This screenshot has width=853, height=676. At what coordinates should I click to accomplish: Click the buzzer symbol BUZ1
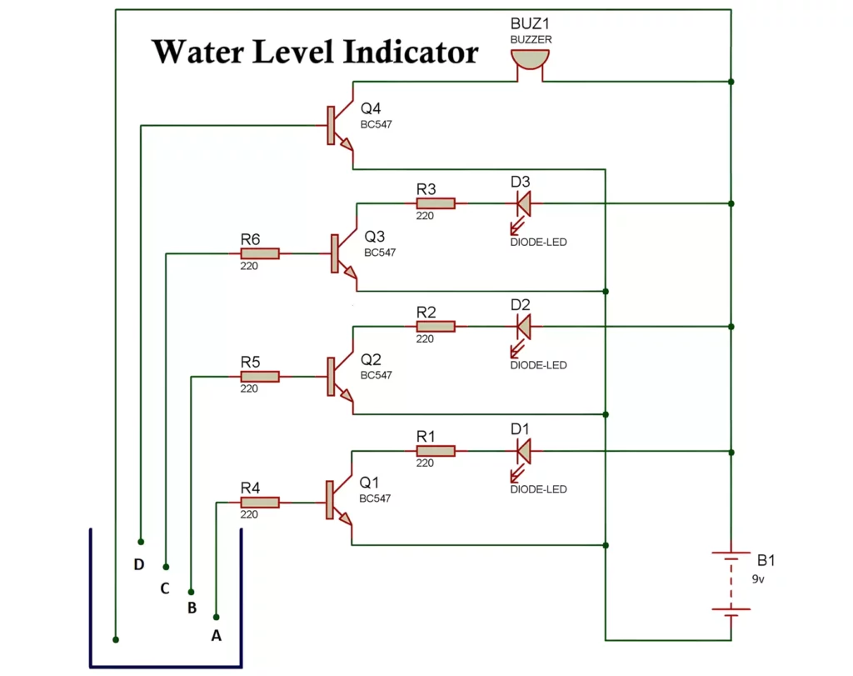point(530,60)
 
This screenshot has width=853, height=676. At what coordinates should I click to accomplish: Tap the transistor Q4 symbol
point(337,127)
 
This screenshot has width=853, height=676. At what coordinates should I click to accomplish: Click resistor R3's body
point(436,203)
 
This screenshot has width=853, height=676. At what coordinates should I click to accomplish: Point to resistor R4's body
point(260,503)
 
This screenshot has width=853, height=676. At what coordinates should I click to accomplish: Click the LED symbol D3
point(523,203)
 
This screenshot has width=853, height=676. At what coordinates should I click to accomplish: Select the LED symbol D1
point(523,452)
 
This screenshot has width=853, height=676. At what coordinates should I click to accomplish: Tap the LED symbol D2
point(523,326)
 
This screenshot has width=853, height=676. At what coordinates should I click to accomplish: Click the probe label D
point(139,564)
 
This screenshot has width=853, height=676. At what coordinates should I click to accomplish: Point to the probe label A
point(217,635)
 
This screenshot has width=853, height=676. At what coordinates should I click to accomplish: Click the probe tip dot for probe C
point(166,566)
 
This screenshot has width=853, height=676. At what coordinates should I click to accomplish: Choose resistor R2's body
point(436,326)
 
